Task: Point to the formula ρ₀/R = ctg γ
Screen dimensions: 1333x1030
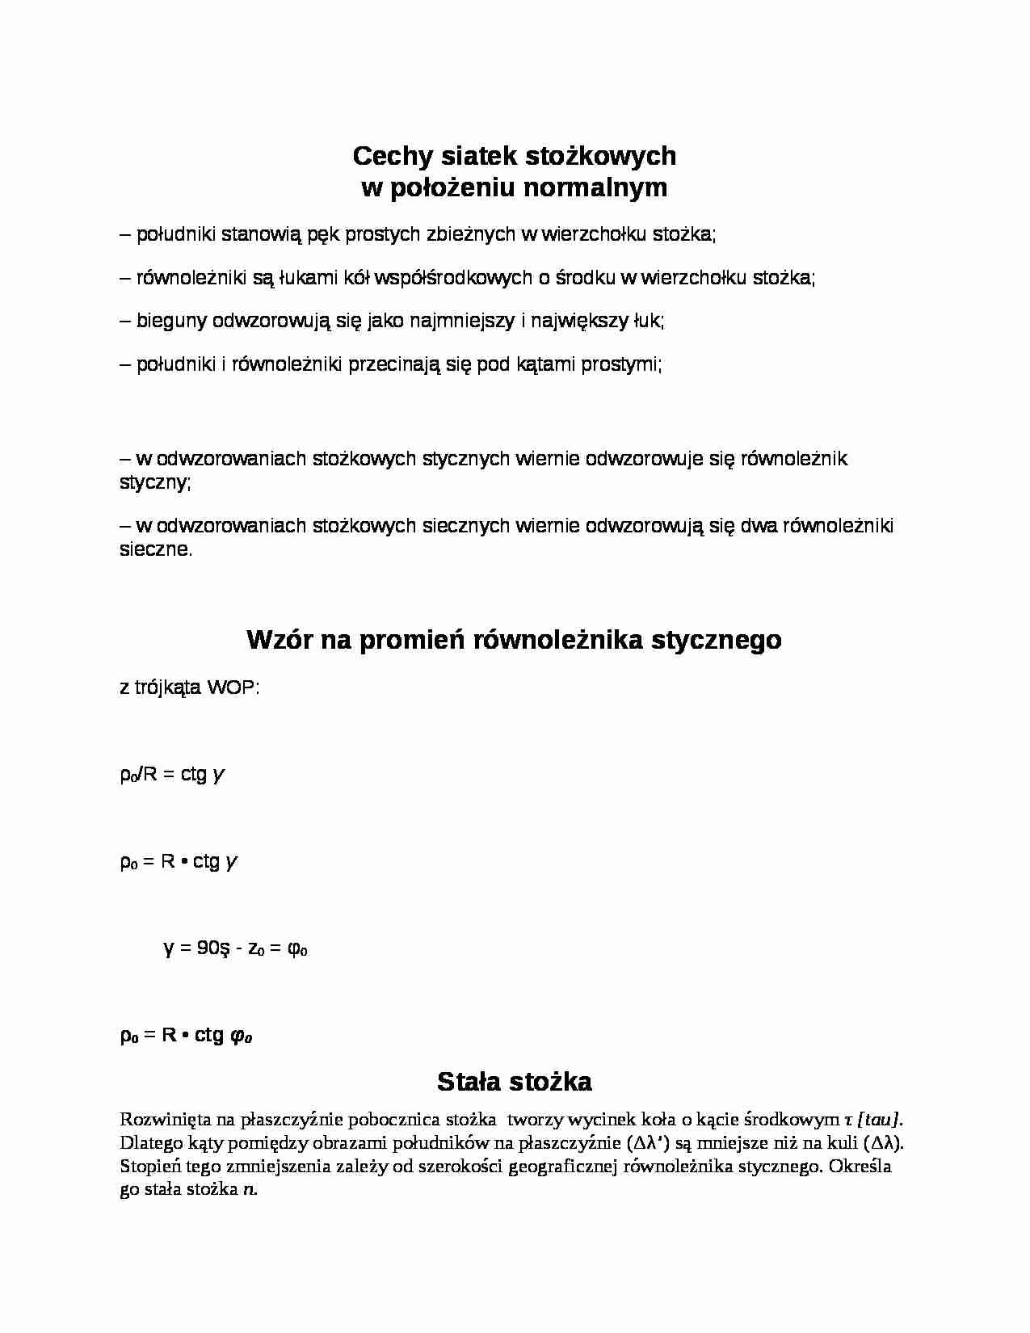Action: pos(172,775)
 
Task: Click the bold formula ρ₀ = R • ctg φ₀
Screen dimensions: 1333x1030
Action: pos(186,1035)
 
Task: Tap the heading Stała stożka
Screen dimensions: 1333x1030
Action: pos(515,1081)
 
